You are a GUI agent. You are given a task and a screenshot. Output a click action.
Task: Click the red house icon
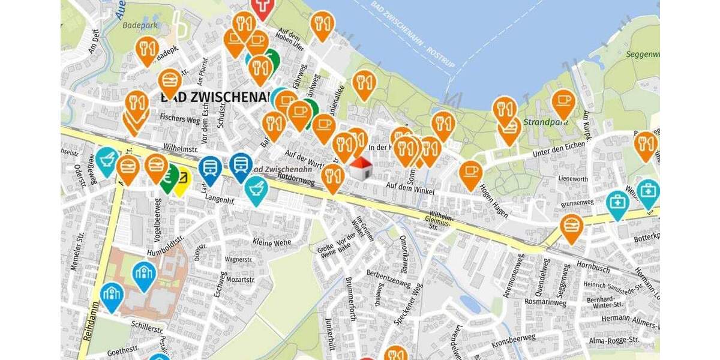tap(359, 169)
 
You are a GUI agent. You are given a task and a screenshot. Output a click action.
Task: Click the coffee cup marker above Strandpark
tap(563, 102)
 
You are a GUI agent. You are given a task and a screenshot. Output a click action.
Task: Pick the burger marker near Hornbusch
tap(571, 227)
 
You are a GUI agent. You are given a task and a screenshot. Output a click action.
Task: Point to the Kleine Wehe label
tap(271, 242)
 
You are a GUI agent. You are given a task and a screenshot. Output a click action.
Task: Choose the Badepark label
tap(139, 25)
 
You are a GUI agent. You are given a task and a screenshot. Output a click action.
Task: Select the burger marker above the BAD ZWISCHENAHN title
tap(170, 81)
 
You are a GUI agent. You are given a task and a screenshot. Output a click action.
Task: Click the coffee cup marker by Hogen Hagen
tap(471, 172)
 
